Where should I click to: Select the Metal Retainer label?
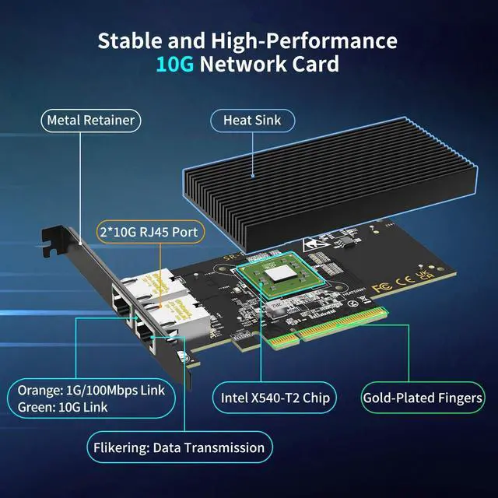point(90,120)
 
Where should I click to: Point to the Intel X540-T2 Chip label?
point(273,398)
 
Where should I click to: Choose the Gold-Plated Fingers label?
point(423,398)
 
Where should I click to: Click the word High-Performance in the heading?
point(306,40)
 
